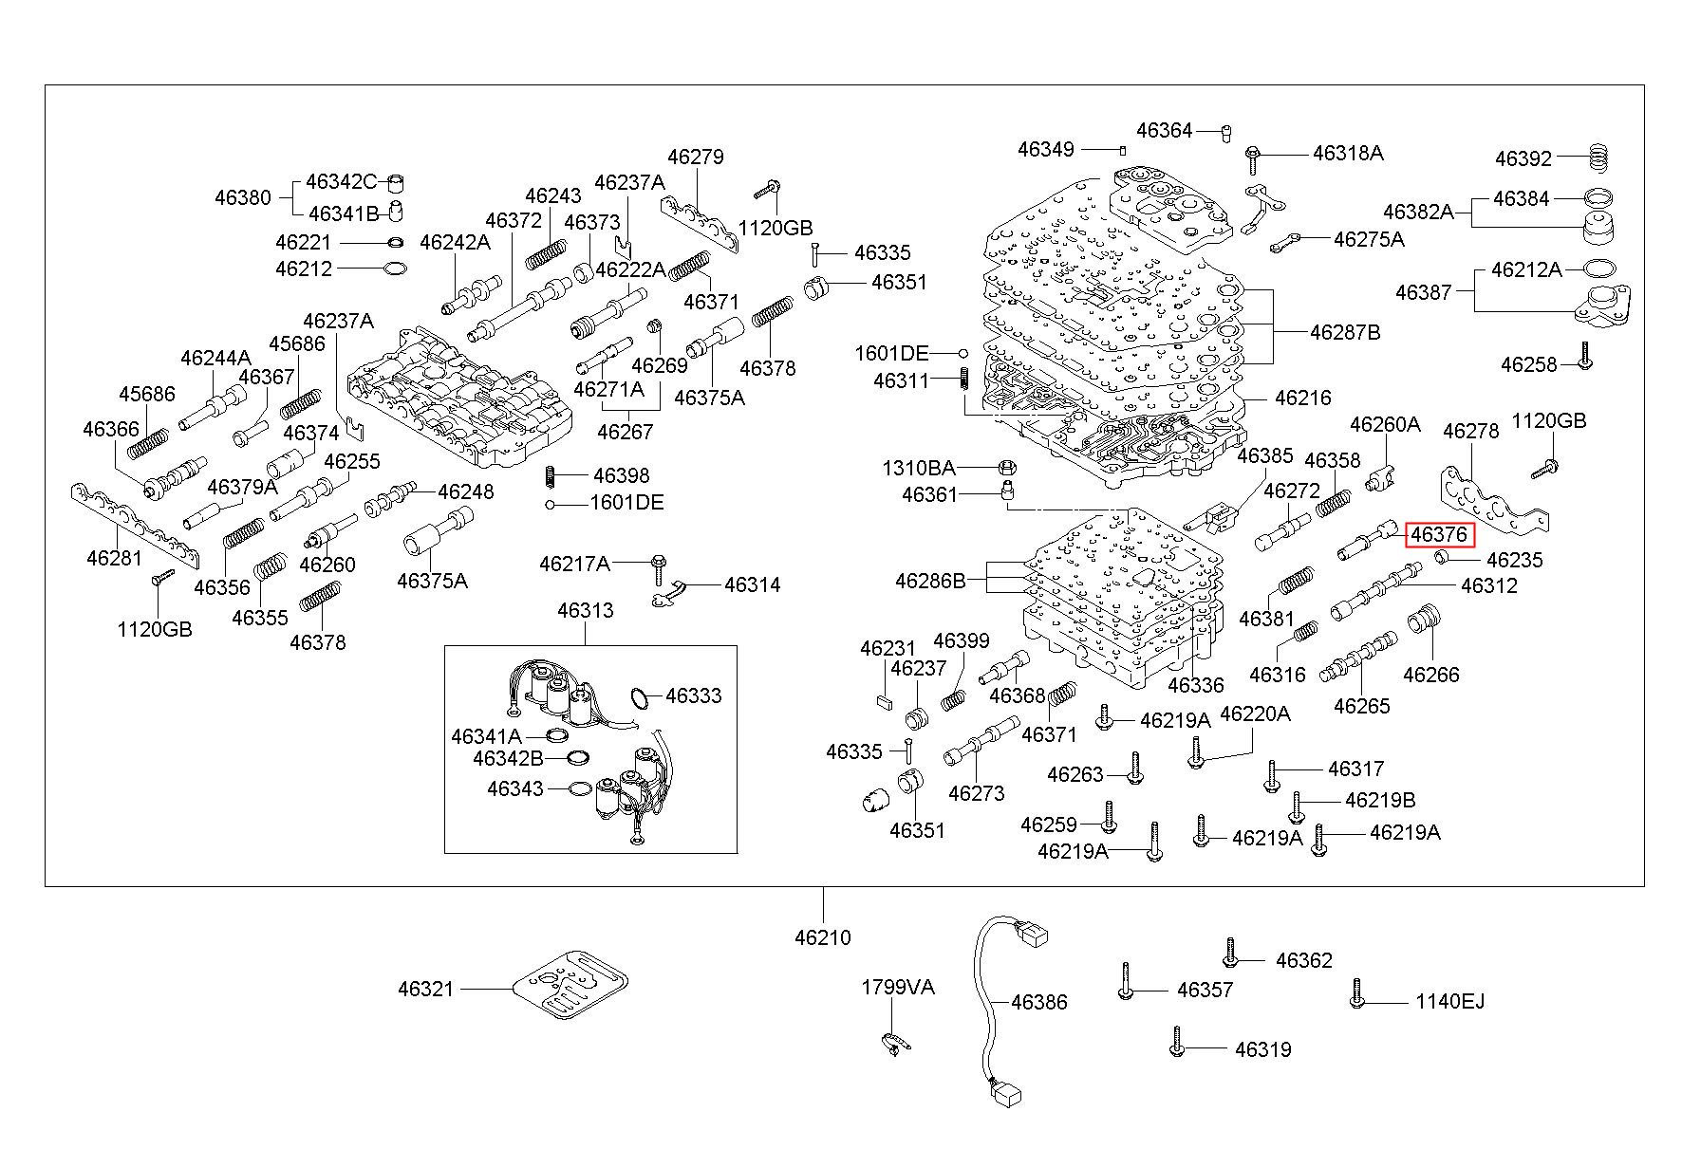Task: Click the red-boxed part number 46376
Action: [x=1438, y=535]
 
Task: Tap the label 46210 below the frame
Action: [x=823, y=937]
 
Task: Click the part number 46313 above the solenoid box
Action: [x=586, y=611]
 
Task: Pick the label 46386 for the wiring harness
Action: [x=1039, y=1002]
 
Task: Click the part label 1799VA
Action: [x=898, y=987]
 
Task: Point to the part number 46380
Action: [x=242, y=197]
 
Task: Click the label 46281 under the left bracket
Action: [x=115, y=557]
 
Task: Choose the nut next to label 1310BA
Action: [x=1008, y=468]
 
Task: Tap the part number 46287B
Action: [x=1345, y=332]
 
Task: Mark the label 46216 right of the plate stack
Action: [x=1303, y=398]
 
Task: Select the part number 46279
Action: [x=695, y=157]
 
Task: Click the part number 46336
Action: [x=1196, y=685]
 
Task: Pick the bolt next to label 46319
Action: [x=1177, y=1041]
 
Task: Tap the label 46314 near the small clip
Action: [x=753, y=584]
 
